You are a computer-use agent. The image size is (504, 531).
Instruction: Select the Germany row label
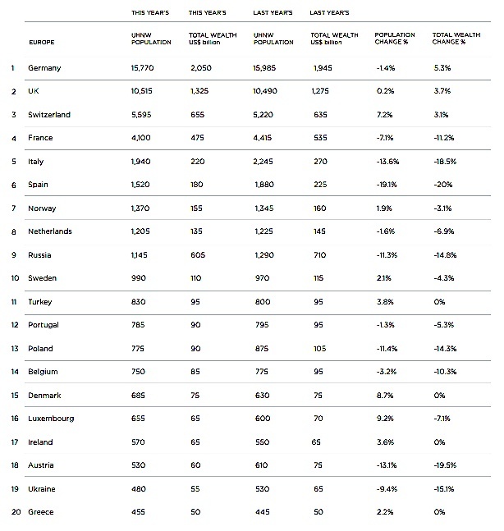[x=44, y=68]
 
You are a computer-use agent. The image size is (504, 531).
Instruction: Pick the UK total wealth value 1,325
[x=200, y=91]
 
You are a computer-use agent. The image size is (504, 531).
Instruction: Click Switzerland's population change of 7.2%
[x=385, y=114]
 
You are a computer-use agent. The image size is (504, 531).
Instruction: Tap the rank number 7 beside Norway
[x=13, y=208]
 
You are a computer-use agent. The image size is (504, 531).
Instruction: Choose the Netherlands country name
[x=50, y=231]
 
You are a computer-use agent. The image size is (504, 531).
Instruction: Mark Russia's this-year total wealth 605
[x=196, y=254]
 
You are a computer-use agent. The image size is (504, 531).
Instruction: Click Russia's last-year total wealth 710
[x=319, y=254]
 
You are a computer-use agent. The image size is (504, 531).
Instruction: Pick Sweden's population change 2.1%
[x=384, y=278]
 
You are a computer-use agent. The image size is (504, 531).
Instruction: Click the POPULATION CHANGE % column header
[x=395, y=38]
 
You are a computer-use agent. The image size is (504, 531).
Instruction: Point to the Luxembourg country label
[x=51, y=418]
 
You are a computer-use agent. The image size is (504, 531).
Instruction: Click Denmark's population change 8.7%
[x=385, y=395]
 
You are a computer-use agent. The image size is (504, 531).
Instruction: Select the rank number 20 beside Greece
[x=13, y=511]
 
